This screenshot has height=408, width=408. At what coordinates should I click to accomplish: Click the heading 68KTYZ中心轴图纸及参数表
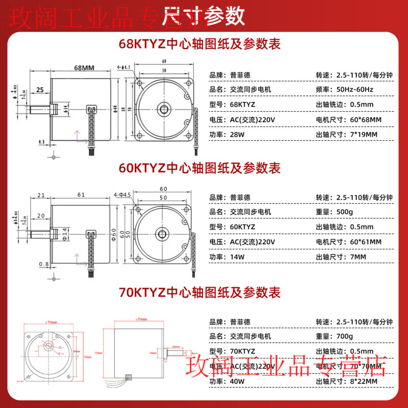(199, 44)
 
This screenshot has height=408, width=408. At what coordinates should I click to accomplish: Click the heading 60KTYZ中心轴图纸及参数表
(199, 167)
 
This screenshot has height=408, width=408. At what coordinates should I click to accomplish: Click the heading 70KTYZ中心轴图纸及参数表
(199, 292)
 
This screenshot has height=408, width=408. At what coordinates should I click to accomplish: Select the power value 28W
(238, 135)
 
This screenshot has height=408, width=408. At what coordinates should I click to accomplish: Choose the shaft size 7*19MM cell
(361, 135)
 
